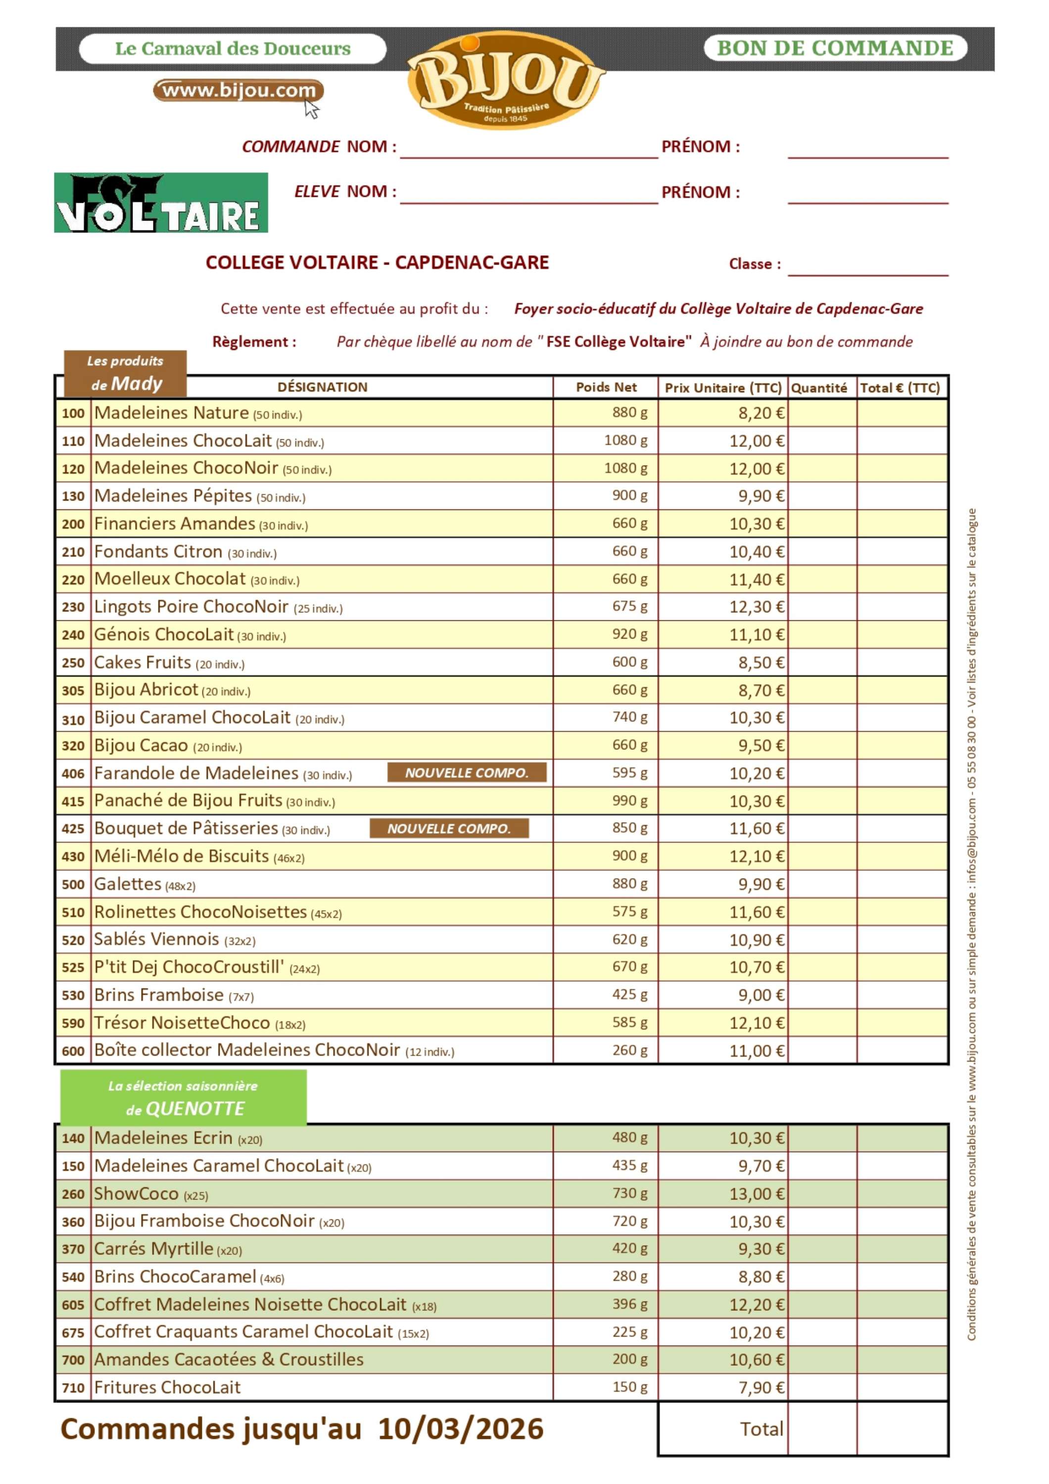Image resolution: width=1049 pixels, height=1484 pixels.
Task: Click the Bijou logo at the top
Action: coord(505,81)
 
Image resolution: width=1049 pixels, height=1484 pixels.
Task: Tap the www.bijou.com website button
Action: coord(238,91)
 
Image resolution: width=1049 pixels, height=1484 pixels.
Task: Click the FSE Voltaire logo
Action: coord(161,202)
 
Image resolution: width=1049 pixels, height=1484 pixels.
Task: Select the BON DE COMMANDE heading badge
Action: coord(835,48)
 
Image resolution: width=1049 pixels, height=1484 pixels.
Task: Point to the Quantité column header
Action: coord(819,388)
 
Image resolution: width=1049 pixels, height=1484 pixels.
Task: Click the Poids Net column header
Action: coord(606,387)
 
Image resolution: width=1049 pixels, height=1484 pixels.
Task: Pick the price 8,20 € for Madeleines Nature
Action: coord(762,413)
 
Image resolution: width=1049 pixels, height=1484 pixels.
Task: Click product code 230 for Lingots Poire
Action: coord(73,607)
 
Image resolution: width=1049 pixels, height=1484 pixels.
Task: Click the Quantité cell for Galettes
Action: coord(822,883)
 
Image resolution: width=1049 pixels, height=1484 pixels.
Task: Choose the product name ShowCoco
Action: coord(137,1194)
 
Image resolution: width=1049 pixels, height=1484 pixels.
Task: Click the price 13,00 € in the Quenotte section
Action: coord(757,1194)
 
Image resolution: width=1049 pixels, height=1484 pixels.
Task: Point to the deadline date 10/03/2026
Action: coord(460,1429)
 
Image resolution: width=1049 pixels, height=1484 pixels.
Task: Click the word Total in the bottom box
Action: coord(762,1429)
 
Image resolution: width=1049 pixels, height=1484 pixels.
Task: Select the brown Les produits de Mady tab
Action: coord(125,373)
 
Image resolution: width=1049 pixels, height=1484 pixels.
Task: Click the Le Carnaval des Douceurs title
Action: coord(233,49)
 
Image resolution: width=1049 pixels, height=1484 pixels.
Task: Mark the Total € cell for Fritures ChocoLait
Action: coord(902,1388)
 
